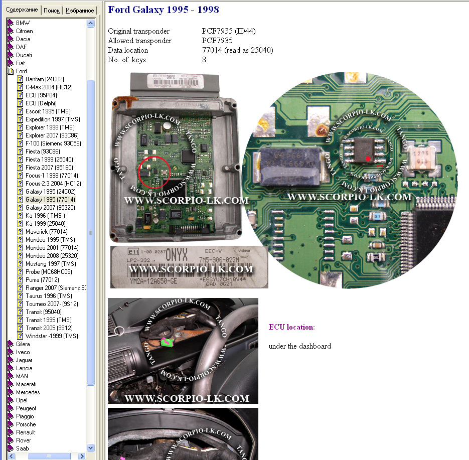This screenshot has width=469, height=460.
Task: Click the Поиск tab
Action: tap(52, 11)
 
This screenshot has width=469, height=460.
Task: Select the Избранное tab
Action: tap(80, 11)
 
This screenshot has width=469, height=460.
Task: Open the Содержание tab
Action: tap(22, 10)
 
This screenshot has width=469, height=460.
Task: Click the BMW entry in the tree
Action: tap(23, 23)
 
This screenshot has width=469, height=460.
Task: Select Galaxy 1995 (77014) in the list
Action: tap(50, 200)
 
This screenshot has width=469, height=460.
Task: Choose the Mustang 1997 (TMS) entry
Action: tap(51, 264)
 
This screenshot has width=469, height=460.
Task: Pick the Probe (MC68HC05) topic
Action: tap(49, 272)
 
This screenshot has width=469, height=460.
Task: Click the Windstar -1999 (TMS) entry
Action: tap(52, 336)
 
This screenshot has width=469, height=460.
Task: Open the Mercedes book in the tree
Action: tap(28, 392)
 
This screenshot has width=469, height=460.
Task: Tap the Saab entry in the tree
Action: tap(22, 448)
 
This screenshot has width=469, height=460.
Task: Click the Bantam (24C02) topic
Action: tap(45, 79)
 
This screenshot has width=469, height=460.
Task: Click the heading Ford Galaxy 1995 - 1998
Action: tap(164, 10)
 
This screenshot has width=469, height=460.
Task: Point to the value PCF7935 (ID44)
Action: tap(228, 31)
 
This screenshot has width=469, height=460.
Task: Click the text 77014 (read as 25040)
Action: tap(237, 50)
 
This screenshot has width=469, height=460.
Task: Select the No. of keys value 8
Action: tap(204, 60)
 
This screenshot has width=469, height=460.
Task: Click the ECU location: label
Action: tap(291, 328)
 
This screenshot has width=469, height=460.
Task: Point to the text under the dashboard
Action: tap(299, 346)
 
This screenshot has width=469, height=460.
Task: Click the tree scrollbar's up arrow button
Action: tap(91, 23)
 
